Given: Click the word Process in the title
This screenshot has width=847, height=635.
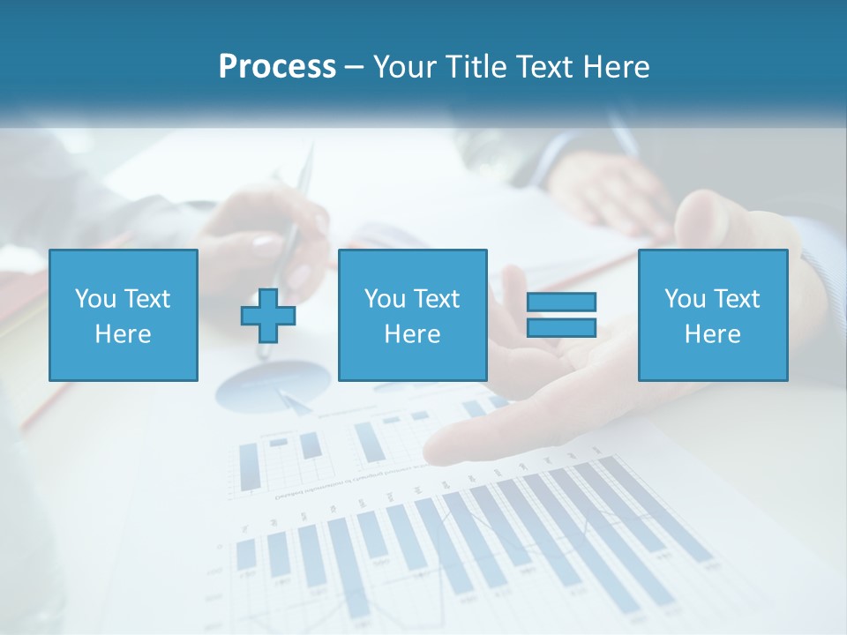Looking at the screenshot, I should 277,67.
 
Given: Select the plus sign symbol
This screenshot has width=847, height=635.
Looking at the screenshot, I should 268,315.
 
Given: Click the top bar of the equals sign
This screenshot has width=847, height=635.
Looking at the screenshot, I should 561,302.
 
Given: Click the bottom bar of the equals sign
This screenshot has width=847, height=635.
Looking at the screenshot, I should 561,327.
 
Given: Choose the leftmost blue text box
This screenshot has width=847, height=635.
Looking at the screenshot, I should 124,315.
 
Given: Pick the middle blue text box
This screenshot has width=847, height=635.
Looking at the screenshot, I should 412,315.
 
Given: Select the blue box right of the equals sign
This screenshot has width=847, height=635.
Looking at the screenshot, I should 712,315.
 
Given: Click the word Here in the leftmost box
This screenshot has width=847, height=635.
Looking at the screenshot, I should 123,334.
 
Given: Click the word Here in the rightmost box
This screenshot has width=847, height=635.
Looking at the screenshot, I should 712,334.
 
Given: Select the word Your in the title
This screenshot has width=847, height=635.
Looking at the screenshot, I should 405,67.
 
